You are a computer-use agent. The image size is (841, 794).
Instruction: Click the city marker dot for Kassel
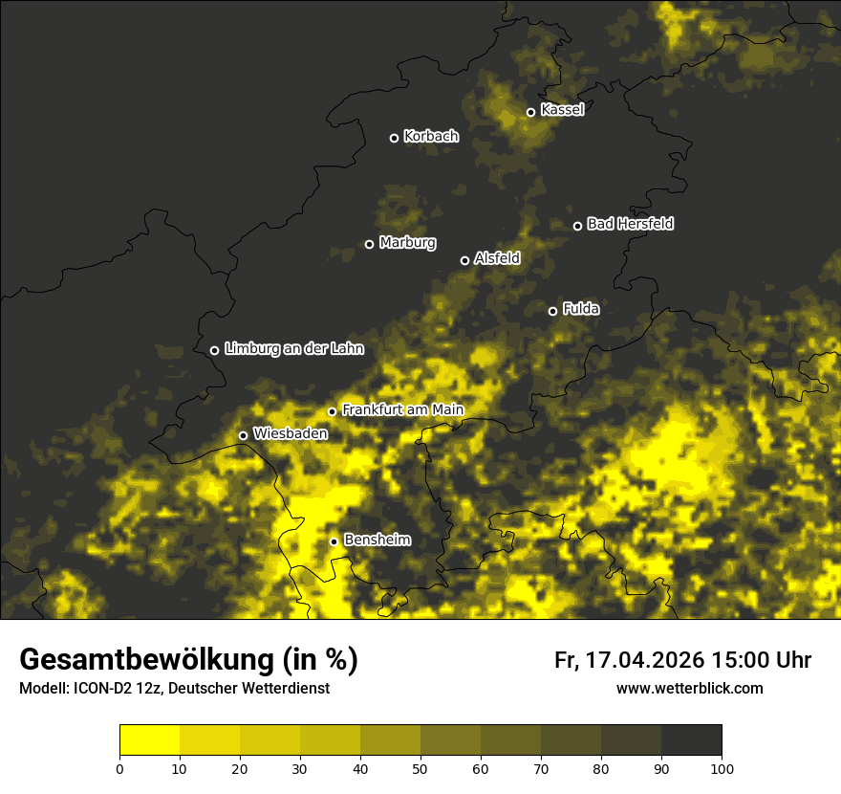(x=530, y=112)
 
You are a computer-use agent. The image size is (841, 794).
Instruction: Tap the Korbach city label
(x=431, y=137)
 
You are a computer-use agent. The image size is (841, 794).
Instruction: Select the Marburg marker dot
(x=369, y=244)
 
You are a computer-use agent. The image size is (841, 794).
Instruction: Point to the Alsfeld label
(x=497, y=258)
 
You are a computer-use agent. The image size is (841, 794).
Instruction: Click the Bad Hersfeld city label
(x=630, y=224)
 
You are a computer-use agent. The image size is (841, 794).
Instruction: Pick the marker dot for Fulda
(x=552, y=311)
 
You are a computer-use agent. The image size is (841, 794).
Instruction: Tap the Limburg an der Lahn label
(x=293, y=349)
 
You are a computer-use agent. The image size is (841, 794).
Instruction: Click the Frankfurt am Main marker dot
(x=333, y=411)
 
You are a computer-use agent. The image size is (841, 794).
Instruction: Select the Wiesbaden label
(x=291, y=433)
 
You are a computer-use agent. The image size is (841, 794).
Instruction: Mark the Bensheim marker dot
(x=334, y=541)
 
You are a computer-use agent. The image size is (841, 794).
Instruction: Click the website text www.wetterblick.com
(x=689, y=688)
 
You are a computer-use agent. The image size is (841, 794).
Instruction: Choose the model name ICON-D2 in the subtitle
(x=99, y=688)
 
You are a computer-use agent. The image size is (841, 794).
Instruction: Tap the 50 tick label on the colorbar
(x=420, y=768)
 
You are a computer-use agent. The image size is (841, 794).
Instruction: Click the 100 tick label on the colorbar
(x=722, y=768)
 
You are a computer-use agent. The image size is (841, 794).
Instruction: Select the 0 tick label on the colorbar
(x=119, y=768)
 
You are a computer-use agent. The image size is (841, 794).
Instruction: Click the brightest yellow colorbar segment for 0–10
(x=149, y=740)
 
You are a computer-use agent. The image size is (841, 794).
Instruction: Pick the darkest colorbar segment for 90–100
(x=691, y=740)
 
